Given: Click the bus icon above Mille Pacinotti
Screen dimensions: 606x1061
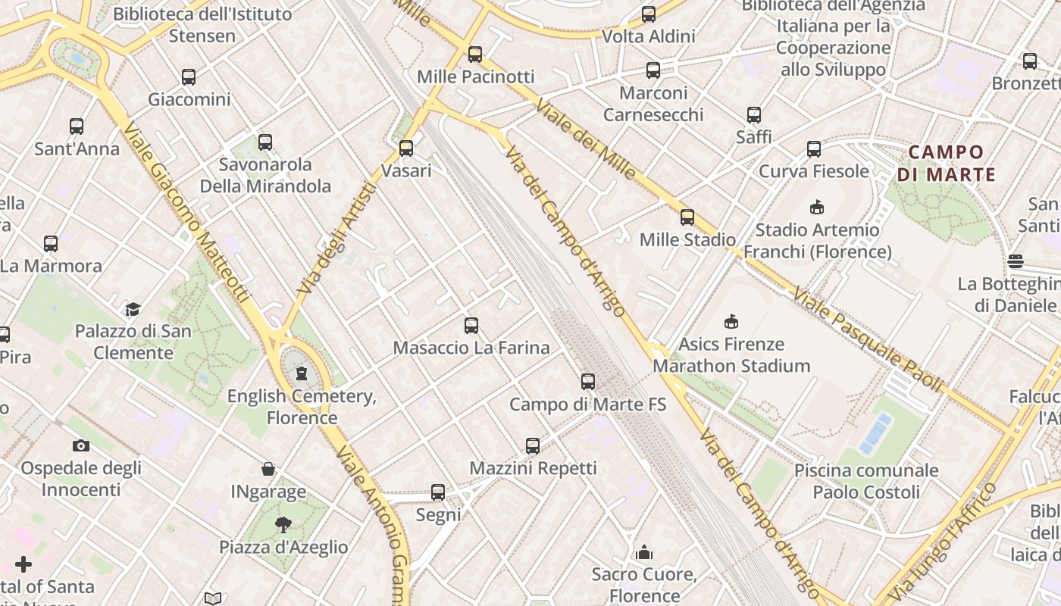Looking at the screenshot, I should pyautogui.click(x=475, y=55).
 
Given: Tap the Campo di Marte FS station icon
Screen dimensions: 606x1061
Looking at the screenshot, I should pyautogui.click(x=588, y=382).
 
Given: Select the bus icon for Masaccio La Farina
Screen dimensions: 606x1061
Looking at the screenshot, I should pyautogui.click(x=471, y=326).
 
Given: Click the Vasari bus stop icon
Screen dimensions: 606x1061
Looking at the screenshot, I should pyautogui.click(x=406, y=148).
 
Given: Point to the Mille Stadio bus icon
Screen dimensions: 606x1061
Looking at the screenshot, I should pyautogui.click(x=687, y=217).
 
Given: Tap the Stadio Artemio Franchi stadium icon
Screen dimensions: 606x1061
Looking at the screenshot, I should pyautogui.click(x=817, y=207).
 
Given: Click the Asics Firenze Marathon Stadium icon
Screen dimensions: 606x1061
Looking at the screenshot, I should pyautogui.click(x=731, y=322).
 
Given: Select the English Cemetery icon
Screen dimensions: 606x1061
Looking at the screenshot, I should pyautogui.click(x=302, y=373).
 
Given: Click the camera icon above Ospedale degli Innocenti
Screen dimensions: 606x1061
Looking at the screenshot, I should pyautogui.click(x=80, y=445).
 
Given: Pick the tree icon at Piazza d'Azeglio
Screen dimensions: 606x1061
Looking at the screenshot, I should pyautogui.click(x=283, y=524).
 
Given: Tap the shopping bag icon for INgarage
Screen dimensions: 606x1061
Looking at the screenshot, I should pyautogui.click(x=268, y=469).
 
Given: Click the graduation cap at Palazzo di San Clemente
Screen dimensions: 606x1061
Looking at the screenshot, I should pyautogui.click(x=133, y=309).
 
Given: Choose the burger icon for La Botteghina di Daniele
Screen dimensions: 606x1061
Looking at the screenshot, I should pyautogui.click(x=1016, y=261).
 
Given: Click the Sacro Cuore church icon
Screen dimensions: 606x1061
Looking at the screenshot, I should pyautogui.click(x=644, y=551).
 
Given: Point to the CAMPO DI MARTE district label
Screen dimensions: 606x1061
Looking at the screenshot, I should pyautogui.click(x=946, y=163).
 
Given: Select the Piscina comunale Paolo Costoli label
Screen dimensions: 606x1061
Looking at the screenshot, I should pyautogui.click(x=866, y=481).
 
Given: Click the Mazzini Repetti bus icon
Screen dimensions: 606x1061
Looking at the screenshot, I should pyautogui.click(x=533, y=446).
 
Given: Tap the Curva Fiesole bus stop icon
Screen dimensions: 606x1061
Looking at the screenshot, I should pyautogui.click(x=814, y=149).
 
